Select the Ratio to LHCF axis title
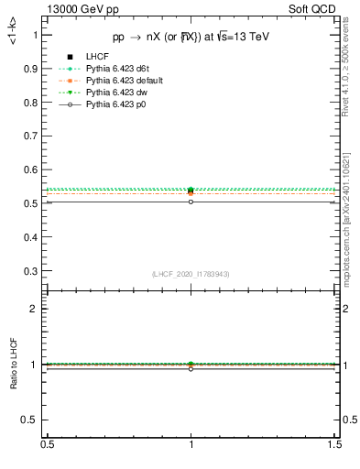pyautogui.click(x=13, y=364)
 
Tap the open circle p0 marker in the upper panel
pyautogui.click(x=191, y=202)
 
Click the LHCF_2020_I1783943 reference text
pyautogui.click(x=191, y=274)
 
